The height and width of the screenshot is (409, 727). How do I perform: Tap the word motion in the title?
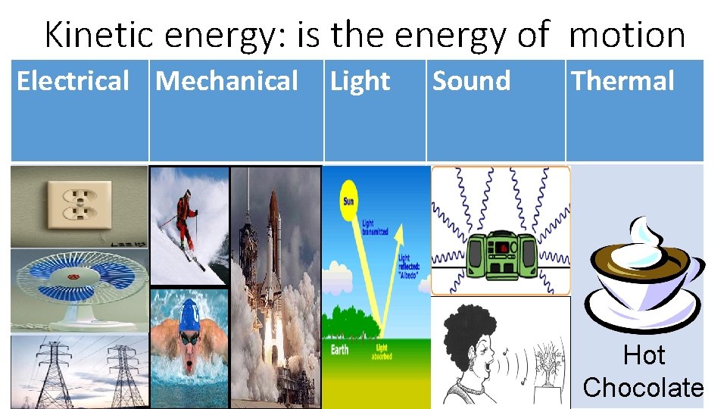click(x=626, y=35)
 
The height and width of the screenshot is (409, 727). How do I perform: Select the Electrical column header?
click(x=73, y=81)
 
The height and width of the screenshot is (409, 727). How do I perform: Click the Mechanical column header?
click(x=227, y=81)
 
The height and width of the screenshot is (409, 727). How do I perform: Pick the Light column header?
click(x=360, y=81)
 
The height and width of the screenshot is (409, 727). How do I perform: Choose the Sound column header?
click(x=471, y=81)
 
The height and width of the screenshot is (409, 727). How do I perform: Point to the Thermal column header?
click(x=622, y=81)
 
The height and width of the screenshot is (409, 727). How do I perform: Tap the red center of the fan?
click(x=74, y=277)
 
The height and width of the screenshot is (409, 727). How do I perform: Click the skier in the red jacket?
click(x=184, y=217)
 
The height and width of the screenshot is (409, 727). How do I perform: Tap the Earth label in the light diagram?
click(x=339, y=349)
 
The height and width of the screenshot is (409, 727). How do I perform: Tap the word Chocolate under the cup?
click(x=643, y=387)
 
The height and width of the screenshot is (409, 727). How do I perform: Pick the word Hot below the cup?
click(x=644, y=355)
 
